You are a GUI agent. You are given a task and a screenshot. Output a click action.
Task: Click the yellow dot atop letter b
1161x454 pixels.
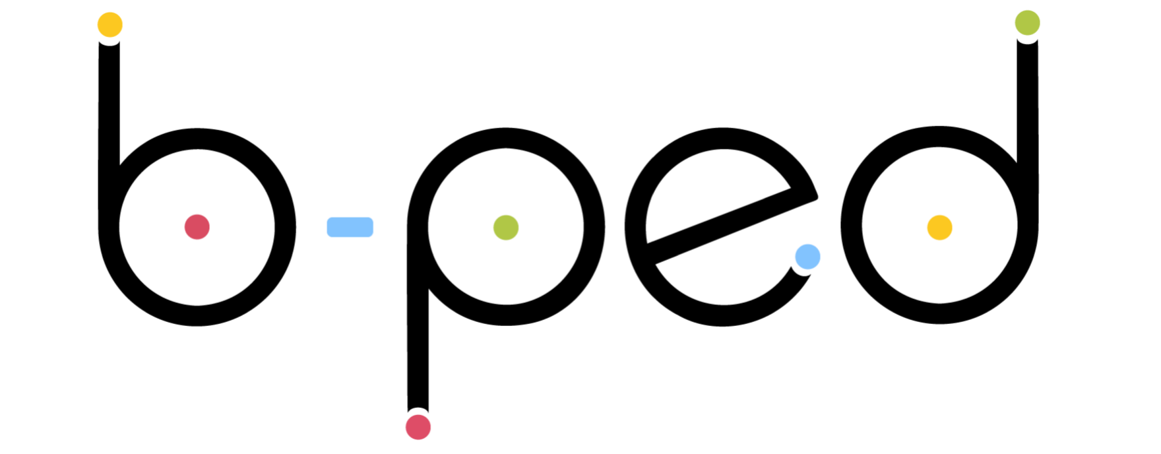[110, 24]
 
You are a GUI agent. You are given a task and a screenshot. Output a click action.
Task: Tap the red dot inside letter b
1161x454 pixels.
[197, 227]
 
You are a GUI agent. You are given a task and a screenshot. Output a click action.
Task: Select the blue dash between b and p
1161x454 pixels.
[350, 227]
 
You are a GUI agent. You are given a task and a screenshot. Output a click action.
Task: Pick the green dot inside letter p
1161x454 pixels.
[506, 228]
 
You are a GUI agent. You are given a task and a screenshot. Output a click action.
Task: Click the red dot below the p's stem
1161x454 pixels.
[418, 426]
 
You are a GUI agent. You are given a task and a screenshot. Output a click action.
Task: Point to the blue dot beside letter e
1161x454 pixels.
[807, 257]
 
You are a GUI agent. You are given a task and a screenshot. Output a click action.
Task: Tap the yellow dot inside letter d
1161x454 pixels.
[940, 227]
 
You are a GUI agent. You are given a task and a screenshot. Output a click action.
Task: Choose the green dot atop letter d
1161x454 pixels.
[1028, 22]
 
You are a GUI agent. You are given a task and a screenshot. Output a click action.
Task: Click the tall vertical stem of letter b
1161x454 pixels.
[109, 132]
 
